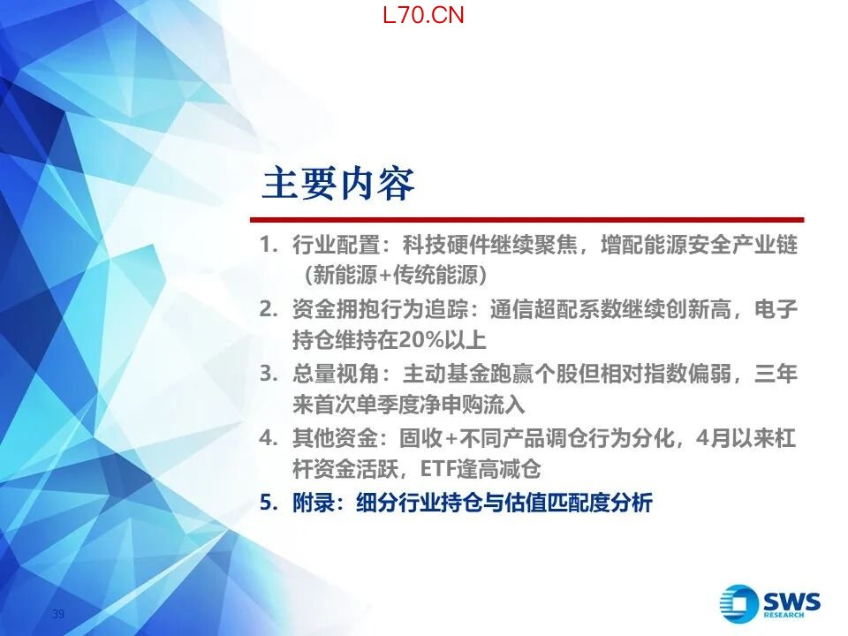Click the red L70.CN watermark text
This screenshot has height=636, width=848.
coord(423,15)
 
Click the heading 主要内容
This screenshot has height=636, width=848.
coord(338,184)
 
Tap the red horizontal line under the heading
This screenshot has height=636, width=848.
coord(527,220)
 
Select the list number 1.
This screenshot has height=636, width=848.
coord(268,245)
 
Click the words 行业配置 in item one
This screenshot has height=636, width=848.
coord(336,245)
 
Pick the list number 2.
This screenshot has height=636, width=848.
coord(269,309)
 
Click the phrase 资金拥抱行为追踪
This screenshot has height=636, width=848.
coord(380,309)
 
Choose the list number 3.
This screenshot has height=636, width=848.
coord(269,373)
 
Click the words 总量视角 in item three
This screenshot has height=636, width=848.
coord(336,374)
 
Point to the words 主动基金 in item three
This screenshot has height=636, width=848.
coord(446,374)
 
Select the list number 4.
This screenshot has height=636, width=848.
coord(269,437)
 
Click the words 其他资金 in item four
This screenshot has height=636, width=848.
coord(335,438)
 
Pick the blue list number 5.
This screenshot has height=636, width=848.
coord(269,503)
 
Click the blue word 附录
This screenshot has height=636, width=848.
coord(314,503)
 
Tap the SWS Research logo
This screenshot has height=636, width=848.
coord(769,602)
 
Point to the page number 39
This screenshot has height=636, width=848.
coord(58,614)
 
